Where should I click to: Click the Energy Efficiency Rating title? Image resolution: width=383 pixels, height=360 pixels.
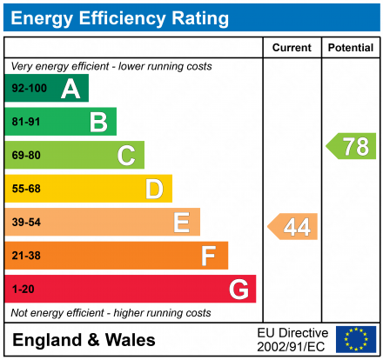[x=120, y=17]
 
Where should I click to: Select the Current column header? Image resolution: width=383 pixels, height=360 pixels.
[x=292, y=48]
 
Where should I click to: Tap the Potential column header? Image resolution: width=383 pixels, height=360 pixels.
[x=350, y=48]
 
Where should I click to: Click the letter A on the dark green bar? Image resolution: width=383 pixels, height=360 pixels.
[x=71, y=89]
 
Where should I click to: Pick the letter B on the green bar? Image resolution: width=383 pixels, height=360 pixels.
[x=98, y=123]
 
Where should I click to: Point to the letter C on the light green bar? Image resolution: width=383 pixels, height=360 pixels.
[x=126, y=156]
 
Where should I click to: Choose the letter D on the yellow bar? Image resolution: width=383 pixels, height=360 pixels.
[x=154, y=189]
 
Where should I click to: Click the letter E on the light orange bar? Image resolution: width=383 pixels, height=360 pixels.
[x=181, y=223]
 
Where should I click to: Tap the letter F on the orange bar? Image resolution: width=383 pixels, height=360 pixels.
[x=209, y=256]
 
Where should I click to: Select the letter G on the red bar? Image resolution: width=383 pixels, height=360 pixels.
[x=238, y=289]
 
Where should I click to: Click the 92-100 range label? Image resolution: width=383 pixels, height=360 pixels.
[x=28, y=89]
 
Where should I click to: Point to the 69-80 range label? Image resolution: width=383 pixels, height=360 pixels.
[x=26, y=156]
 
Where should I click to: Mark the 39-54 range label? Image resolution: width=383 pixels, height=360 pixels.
[x=26, y=223]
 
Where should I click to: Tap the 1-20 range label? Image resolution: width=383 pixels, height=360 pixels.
[x=23, y=289]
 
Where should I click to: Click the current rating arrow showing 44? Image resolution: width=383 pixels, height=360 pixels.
[x=293, y=227]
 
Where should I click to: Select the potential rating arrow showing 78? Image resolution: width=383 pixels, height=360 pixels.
[x=352, y=146]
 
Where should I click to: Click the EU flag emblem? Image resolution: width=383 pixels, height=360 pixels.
[x=356, y=339]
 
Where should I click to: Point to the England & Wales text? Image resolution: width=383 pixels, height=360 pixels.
[x=84, y=340]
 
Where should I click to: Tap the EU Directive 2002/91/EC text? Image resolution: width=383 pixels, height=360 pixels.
[x=292, y=339]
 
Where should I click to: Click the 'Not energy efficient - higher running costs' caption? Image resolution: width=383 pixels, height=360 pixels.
[x=111, y=312]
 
